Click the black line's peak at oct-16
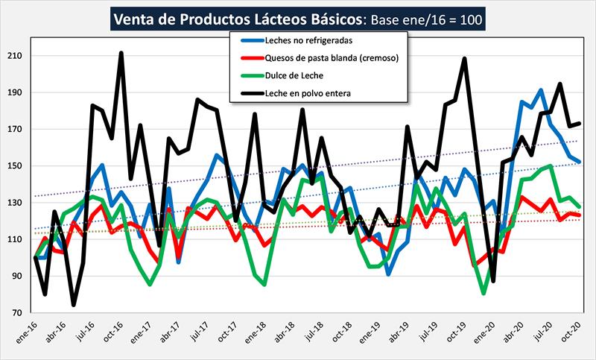(x=121, y=54)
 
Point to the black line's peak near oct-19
(x=464, y=58)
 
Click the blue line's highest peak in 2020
(x=542, y=90)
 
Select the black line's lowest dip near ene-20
(x=492, y=281)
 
